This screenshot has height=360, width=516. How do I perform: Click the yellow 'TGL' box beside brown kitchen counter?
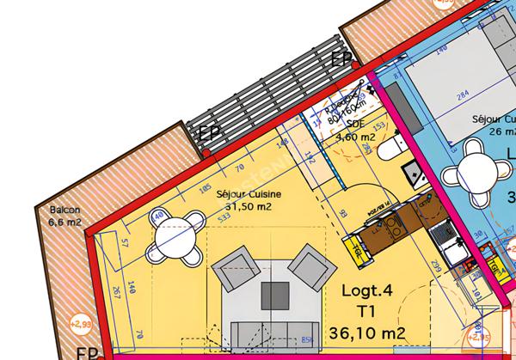pos(353,248)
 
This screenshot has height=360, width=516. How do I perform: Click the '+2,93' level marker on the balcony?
pos(80,324)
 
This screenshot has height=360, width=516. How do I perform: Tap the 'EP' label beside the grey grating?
pos(209,134)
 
